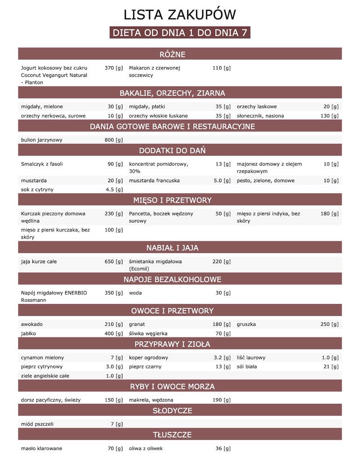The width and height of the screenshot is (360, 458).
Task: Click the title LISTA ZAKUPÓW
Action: (x=180, y=15)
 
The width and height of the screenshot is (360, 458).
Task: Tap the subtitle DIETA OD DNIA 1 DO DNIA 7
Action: (x=180, y=33)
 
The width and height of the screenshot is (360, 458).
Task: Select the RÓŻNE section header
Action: (x=180, y=54)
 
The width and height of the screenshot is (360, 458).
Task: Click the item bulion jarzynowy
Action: (x=42, y=140)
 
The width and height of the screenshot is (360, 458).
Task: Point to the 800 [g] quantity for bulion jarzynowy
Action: (x=113, y=140)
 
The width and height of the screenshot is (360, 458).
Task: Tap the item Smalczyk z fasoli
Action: (x=42, y=164)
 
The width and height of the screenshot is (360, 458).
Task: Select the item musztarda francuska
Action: (x=154, y=180)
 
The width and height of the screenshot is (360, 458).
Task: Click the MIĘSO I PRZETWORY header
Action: (x=180, y=200)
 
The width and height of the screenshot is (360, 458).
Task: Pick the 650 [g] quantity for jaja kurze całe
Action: (x=113, y=261)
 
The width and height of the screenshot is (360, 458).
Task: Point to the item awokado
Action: (x=31, y=324)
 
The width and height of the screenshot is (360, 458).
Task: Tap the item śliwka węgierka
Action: (x=148, y=333)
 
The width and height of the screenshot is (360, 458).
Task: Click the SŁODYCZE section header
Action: (x=180, y=411)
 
